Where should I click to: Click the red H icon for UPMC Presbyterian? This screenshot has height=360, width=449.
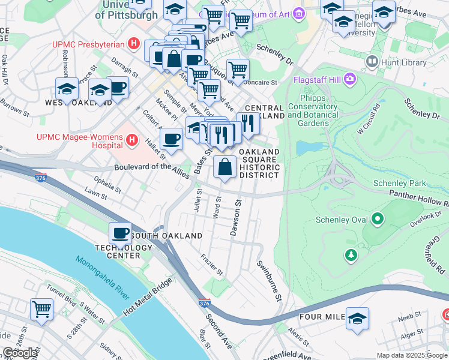[x=134, y=44]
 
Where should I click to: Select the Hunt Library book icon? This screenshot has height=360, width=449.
[x=372, y=62]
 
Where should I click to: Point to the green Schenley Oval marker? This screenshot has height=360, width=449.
[x=378, y=220]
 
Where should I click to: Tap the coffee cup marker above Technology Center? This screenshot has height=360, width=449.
[x=120, y=232]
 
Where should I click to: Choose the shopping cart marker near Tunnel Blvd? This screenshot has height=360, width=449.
[x=42, y=309]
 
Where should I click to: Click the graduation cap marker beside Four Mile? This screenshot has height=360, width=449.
[x=357, y=319]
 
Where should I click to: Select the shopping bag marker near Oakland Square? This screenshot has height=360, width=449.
[x=224, y=167]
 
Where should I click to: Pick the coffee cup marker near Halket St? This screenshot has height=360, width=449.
[x=172, y=139]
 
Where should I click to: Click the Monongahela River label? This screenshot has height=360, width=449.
[x=103, y=277]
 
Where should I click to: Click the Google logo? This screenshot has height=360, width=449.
[x=20, y=353]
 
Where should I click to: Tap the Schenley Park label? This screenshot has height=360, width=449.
[x=399, y=183]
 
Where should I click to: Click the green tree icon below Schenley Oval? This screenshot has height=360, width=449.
[x=351, y=256]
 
